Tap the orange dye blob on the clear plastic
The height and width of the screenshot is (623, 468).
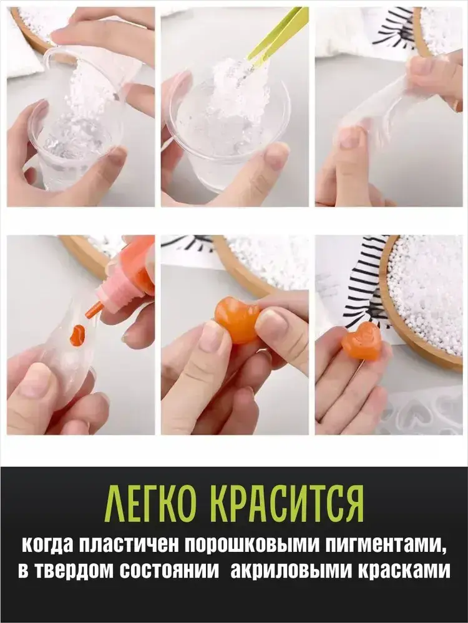[x=77, y=335]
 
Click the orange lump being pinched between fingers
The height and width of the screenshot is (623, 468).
[x=236, y=320]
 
